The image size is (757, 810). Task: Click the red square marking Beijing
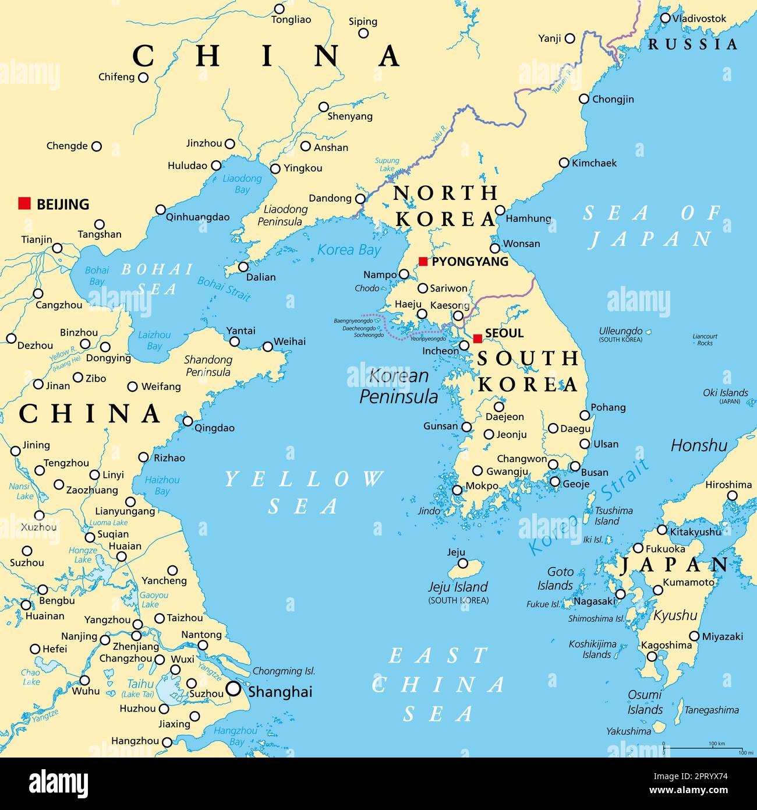tap(24, 203)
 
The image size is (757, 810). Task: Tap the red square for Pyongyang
tap(423, 262)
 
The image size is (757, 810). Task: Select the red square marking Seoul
tap(477, 339)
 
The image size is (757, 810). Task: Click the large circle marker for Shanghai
tap(234, 689)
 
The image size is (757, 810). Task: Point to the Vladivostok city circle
tap(666, 18)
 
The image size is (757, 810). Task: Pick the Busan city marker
tap(575, 466)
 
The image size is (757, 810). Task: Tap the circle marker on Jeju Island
tap(463, 563)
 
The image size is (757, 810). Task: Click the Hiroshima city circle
tap(732, 496)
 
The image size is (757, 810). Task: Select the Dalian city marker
tap(243, 267)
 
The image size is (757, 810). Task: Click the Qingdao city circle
tap(188, 421)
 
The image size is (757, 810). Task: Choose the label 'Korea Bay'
tap(349, 250)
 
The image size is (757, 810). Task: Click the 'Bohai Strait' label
tap(224, 288)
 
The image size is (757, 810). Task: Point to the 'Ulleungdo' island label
tap(621, 331)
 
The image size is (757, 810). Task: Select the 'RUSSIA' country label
tap(693, 44)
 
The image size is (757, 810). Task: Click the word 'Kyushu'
tap(675, 615)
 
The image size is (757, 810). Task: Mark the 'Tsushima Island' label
tap(614, 516)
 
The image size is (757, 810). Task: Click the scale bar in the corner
tap(703, 748)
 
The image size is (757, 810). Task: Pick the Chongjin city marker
tap(584, 99)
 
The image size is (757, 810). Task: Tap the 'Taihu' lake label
tap(140, 684)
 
